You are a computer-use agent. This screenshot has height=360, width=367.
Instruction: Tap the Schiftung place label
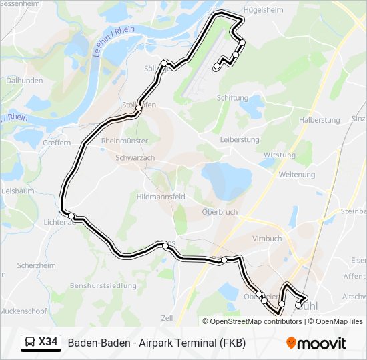(x=232, y=97)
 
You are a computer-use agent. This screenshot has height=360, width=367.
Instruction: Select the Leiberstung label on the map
(x=240, y=140)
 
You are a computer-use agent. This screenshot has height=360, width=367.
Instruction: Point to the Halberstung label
(x=320, y=120)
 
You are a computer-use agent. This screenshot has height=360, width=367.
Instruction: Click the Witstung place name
(x=279, y=155)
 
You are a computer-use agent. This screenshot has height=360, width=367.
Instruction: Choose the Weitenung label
(x=297, y=175)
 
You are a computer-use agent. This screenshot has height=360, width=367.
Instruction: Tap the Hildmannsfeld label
(x=160, y=197)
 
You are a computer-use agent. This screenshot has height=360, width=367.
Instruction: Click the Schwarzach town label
(x=135, y=158)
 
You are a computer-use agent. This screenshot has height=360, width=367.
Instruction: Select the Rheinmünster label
(x=124, y=141)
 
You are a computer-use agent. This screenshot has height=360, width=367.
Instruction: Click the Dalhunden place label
(x=24, y=81)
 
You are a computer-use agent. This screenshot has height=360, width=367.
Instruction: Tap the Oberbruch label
(x=220, y=212)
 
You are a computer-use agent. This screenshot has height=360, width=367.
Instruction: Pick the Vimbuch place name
(x=267, y=239)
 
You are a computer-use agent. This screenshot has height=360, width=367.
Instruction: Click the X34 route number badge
(x=41, y=343)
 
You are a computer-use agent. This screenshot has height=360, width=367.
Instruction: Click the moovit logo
(x=316, y=343)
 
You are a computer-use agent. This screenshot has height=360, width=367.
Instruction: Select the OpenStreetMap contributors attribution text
(x=254, y=321)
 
